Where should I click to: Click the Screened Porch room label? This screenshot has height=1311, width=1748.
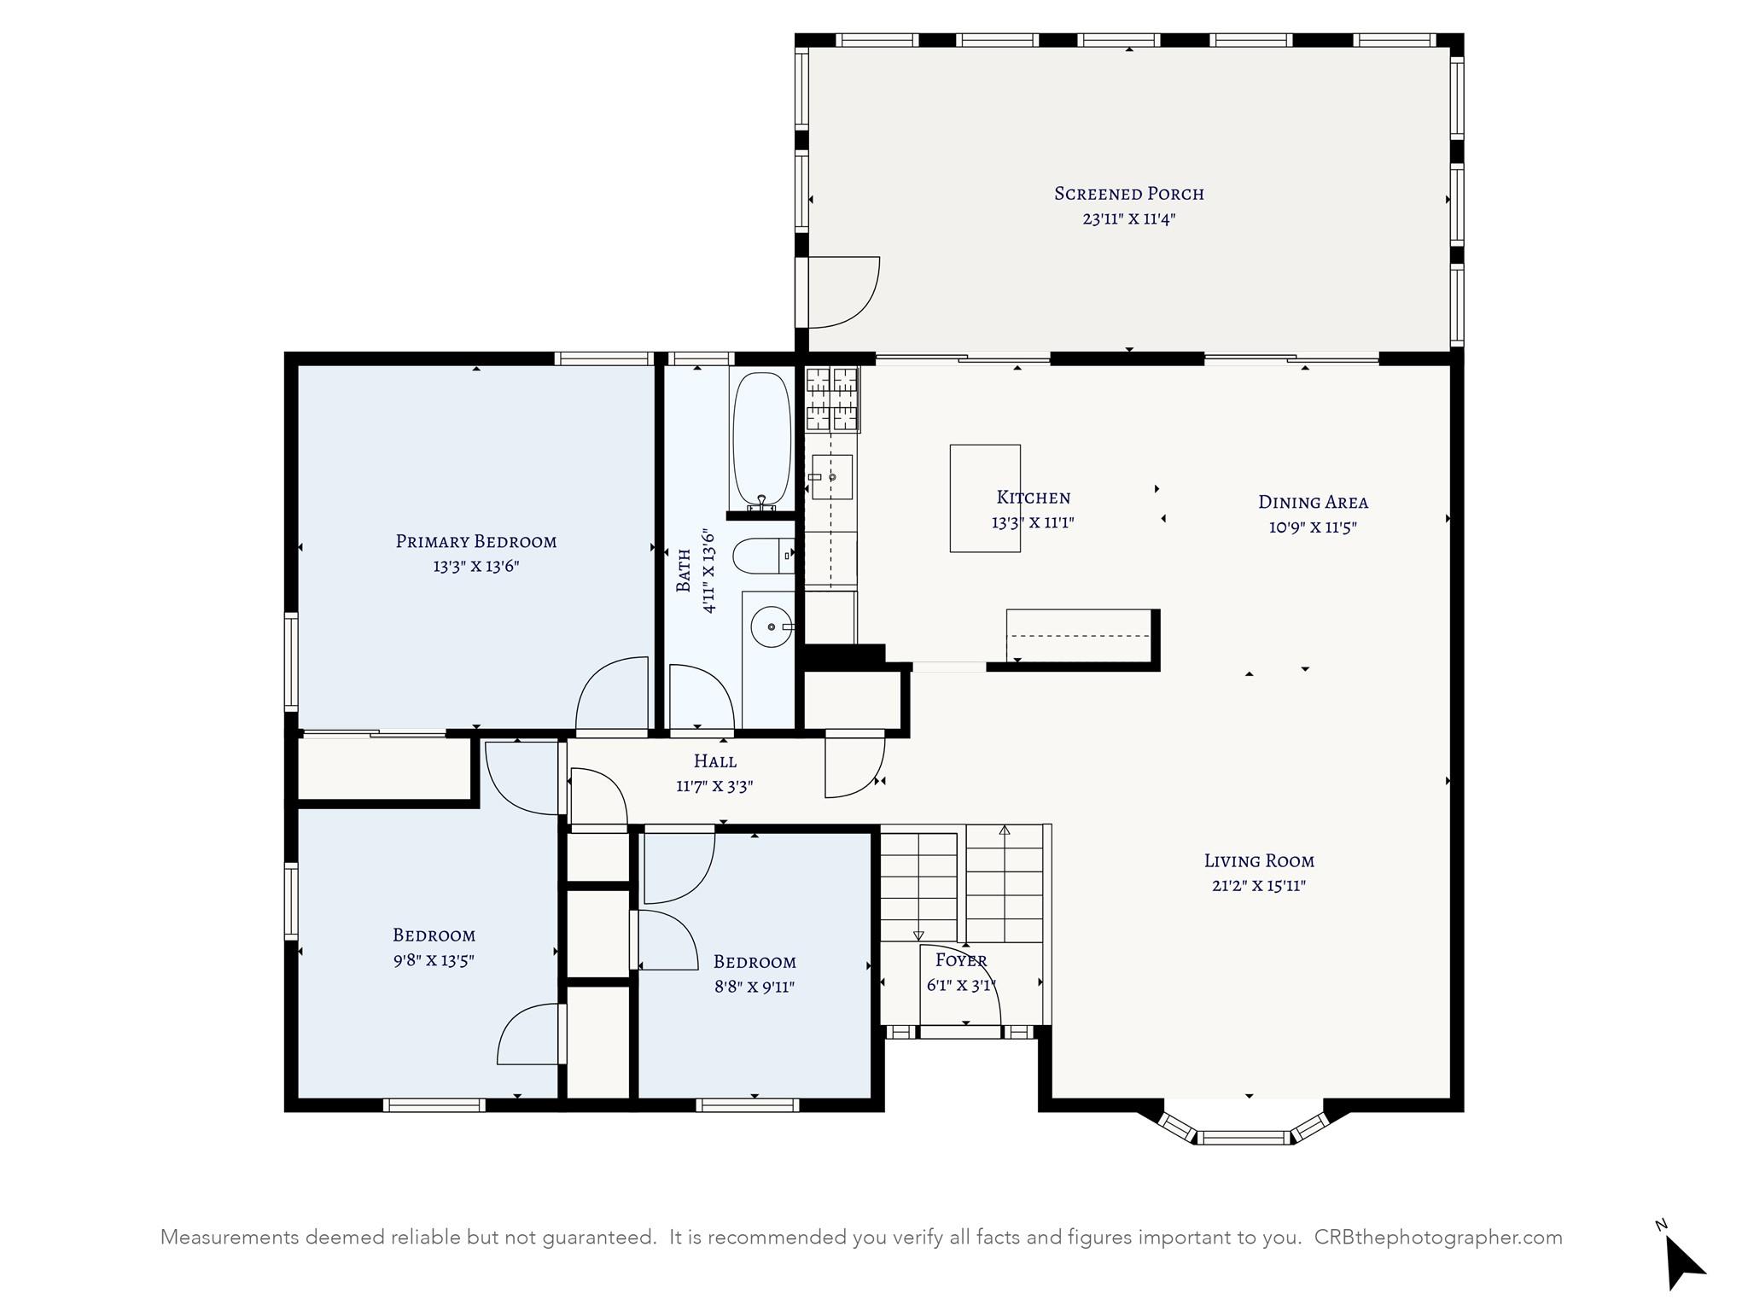click(x=1129, y=194)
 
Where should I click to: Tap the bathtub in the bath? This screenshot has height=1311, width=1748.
click(x=762, y=439)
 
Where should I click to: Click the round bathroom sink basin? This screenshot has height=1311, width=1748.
click(x=771, y=627)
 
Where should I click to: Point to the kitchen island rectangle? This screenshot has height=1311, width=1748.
click(x=985, y=498)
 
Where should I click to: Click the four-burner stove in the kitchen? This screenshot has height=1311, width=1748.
click(x=832, y=399)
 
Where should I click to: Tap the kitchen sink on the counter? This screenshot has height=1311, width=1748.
click(x=831, y=477)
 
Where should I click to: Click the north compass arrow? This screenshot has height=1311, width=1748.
click(x=1684, y=1261)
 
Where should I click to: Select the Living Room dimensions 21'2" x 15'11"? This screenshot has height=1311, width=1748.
click(x=1259, y=885)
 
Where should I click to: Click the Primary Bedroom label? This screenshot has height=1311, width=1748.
click(x=476, y=541)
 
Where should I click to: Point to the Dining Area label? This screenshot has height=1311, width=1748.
click(x=1313, y=502)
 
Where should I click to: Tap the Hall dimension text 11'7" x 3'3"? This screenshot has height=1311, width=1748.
click(x=714, y=786)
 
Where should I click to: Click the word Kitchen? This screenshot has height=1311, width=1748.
click(x=1033, y=498)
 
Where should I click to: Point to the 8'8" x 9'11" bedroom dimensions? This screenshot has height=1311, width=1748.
click(x=755, y=988)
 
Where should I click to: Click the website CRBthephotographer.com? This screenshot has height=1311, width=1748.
click(x=1438, y=1238)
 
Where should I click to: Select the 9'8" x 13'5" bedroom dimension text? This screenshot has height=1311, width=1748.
click(x=434, y=960)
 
